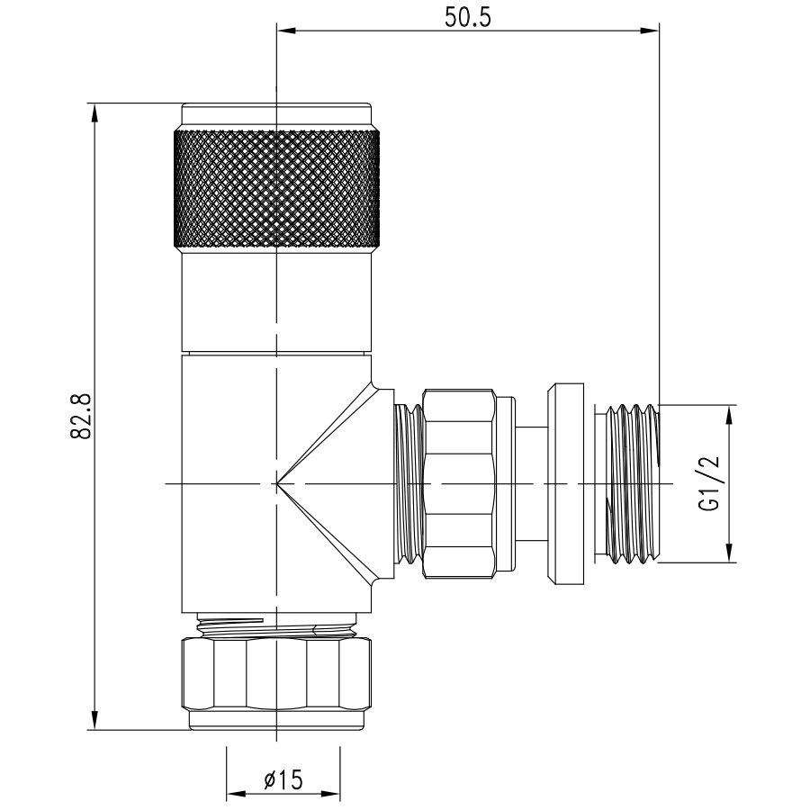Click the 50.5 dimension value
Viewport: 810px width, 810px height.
(467, 18)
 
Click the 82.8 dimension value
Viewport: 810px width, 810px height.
(81, 417)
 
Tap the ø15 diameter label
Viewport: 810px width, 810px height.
(283, 779)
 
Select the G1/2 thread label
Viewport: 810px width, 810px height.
(709, 483)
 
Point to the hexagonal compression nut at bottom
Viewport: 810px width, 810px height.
(276, 673)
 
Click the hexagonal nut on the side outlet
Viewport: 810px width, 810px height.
(459, 483)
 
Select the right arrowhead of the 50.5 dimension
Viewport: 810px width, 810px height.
(650, 31)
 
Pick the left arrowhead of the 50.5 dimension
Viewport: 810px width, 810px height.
(286, 31)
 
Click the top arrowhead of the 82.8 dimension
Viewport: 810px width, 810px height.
(94, 113)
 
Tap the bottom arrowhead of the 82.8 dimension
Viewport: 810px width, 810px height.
(94, 720)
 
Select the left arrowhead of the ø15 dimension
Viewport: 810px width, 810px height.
(236, 794)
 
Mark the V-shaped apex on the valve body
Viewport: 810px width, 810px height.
(277, 483)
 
